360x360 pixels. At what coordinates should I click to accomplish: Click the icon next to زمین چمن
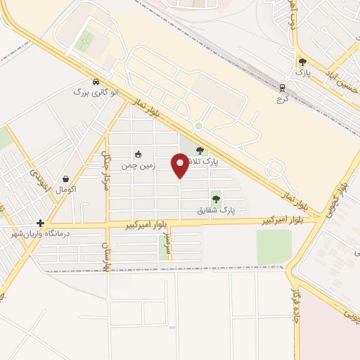pyautogui.click(x=138, y=154)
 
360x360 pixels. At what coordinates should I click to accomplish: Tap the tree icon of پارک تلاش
pyautogui.click(x=200, y=150)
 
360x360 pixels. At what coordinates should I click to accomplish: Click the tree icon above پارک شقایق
pyautogui.click(x=216, y=199)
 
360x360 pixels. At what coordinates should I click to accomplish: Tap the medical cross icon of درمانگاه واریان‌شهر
pyautogui.click(x=41, y=223)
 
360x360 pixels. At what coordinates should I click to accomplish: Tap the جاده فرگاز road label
pyautogui.click(x=296, y=309)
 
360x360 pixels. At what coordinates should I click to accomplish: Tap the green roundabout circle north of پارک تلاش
pyautogui.click(x=198, y=126)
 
